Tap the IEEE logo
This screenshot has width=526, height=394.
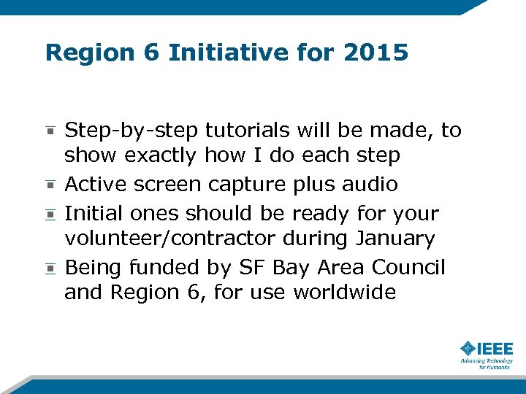tap(487, 349)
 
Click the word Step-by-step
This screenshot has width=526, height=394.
tap(131, 131)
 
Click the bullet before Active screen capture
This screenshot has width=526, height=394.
tap(50, 184)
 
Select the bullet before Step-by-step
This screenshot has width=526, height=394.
tap(50, 131)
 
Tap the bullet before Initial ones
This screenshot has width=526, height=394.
tap(50, 215)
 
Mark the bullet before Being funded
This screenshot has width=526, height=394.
tap(50, 269)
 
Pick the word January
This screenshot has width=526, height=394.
tap(395, 239)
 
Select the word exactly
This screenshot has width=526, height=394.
tap(161, 156)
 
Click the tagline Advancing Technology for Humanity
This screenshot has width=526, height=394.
tap(486, 363)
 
